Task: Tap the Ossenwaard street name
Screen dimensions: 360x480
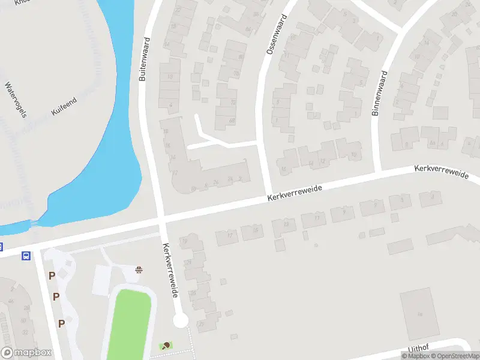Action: (276, 34)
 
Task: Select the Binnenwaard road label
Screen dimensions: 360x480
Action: (380, 93)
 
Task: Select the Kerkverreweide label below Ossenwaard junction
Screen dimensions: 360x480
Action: (295, 193)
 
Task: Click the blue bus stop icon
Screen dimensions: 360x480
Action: (26, 256)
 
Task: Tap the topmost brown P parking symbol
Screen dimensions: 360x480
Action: (52, 276)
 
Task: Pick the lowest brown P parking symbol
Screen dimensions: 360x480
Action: (61, 323)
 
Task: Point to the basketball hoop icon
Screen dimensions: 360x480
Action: (140, 269)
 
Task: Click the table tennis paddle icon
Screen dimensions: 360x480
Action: (165, 346)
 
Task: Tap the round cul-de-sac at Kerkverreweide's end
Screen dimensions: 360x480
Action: (180, 320)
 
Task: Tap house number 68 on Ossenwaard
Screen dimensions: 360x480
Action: (232, 121)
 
